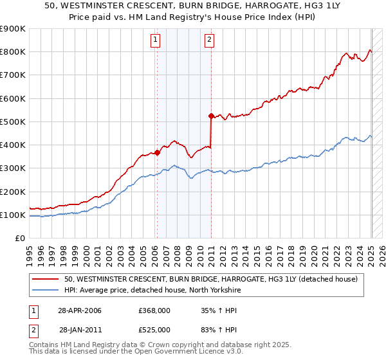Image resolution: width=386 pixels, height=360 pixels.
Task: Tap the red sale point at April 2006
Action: (x=157, y=152)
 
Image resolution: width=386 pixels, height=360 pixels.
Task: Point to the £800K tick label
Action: (x=13, y=52)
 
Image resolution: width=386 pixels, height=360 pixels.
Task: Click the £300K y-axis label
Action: (x=13, y=168)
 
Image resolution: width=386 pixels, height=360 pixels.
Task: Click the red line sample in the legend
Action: (x=46, y=279)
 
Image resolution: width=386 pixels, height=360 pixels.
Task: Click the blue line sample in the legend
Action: (x=46, y=290)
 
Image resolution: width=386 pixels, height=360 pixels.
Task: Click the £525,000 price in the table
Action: (x=154, y=330)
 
